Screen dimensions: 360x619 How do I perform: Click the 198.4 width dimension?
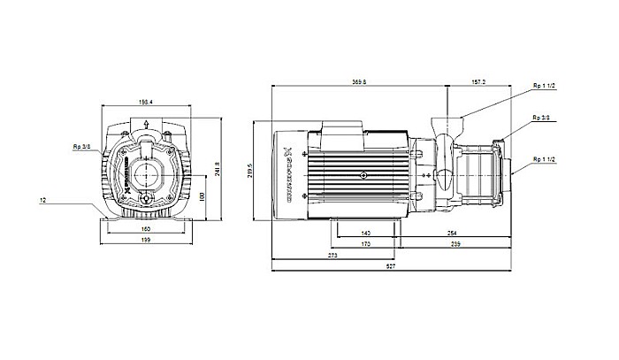click(x=145, y=102)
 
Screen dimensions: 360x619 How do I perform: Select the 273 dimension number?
click(x=332, y=255)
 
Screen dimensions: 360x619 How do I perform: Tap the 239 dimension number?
click(x=456, y=243)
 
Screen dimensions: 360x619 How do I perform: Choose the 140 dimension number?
click(x=365, y=233)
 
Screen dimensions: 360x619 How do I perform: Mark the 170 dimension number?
click(x=365, y=243)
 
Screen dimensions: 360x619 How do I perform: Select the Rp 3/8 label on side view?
click(x=541, y=117)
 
